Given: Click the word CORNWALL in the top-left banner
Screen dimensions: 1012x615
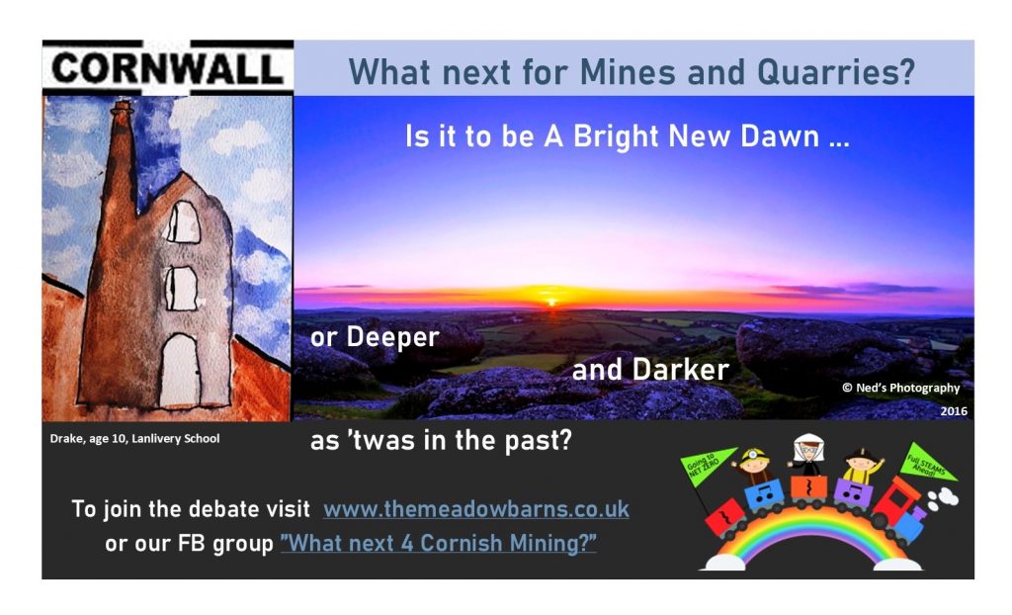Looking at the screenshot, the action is (167, 68).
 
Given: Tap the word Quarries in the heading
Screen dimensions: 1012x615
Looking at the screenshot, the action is (835, 72).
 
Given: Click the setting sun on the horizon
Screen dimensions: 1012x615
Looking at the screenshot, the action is (551, 301).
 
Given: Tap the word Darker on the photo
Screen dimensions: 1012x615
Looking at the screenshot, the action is (680, 370).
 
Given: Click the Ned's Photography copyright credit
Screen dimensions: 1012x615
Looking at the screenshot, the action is (901, 388).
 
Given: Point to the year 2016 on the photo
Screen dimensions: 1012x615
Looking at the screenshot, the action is (954, 411).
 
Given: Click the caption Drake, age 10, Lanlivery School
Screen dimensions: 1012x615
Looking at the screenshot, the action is (134, 439).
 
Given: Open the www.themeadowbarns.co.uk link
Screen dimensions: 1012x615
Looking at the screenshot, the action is (475, 509).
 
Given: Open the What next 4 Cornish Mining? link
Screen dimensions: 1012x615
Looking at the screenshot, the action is (438, 543).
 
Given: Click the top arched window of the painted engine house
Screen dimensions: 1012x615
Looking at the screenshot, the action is (184, 222).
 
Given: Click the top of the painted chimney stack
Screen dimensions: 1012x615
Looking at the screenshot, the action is (122, 107).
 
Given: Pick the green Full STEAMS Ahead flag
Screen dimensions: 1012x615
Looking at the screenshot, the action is (927, 463).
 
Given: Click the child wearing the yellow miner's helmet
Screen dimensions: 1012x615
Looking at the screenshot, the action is (754, 465).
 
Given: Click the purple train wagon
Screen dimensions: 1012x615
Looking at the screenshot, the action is (854, 494).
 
